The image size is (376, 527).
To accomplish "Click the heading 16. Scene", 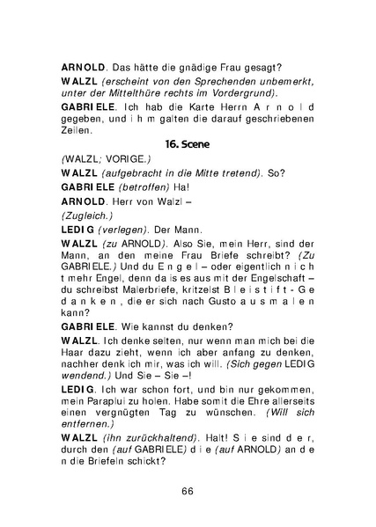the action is click(x=188, y=142).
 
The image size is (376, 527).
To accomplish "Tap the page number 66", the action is click(x=188, y=490).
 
